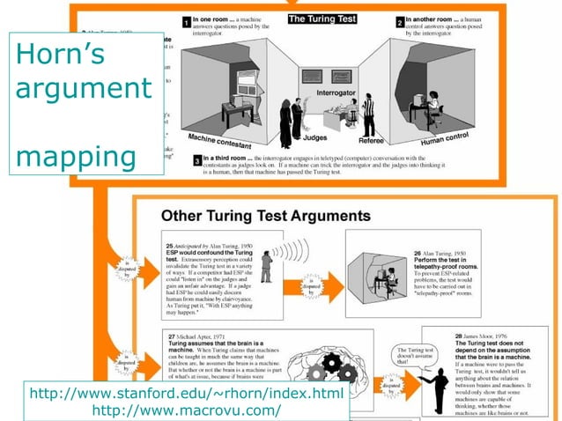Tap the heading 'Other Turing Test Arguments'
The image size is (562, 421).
coord(264,215)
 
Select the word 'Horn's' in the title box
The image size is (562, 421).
coord(61,55)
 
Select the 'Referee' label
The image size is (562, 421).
coord(374,141)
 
